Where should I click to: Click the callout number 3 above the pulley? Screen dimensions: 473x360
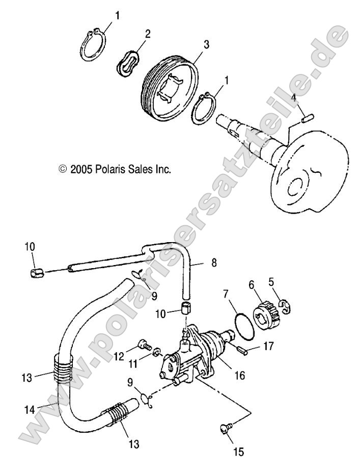(206, 45)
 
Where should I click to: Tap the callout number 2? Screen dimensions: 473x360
(148, 34)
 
